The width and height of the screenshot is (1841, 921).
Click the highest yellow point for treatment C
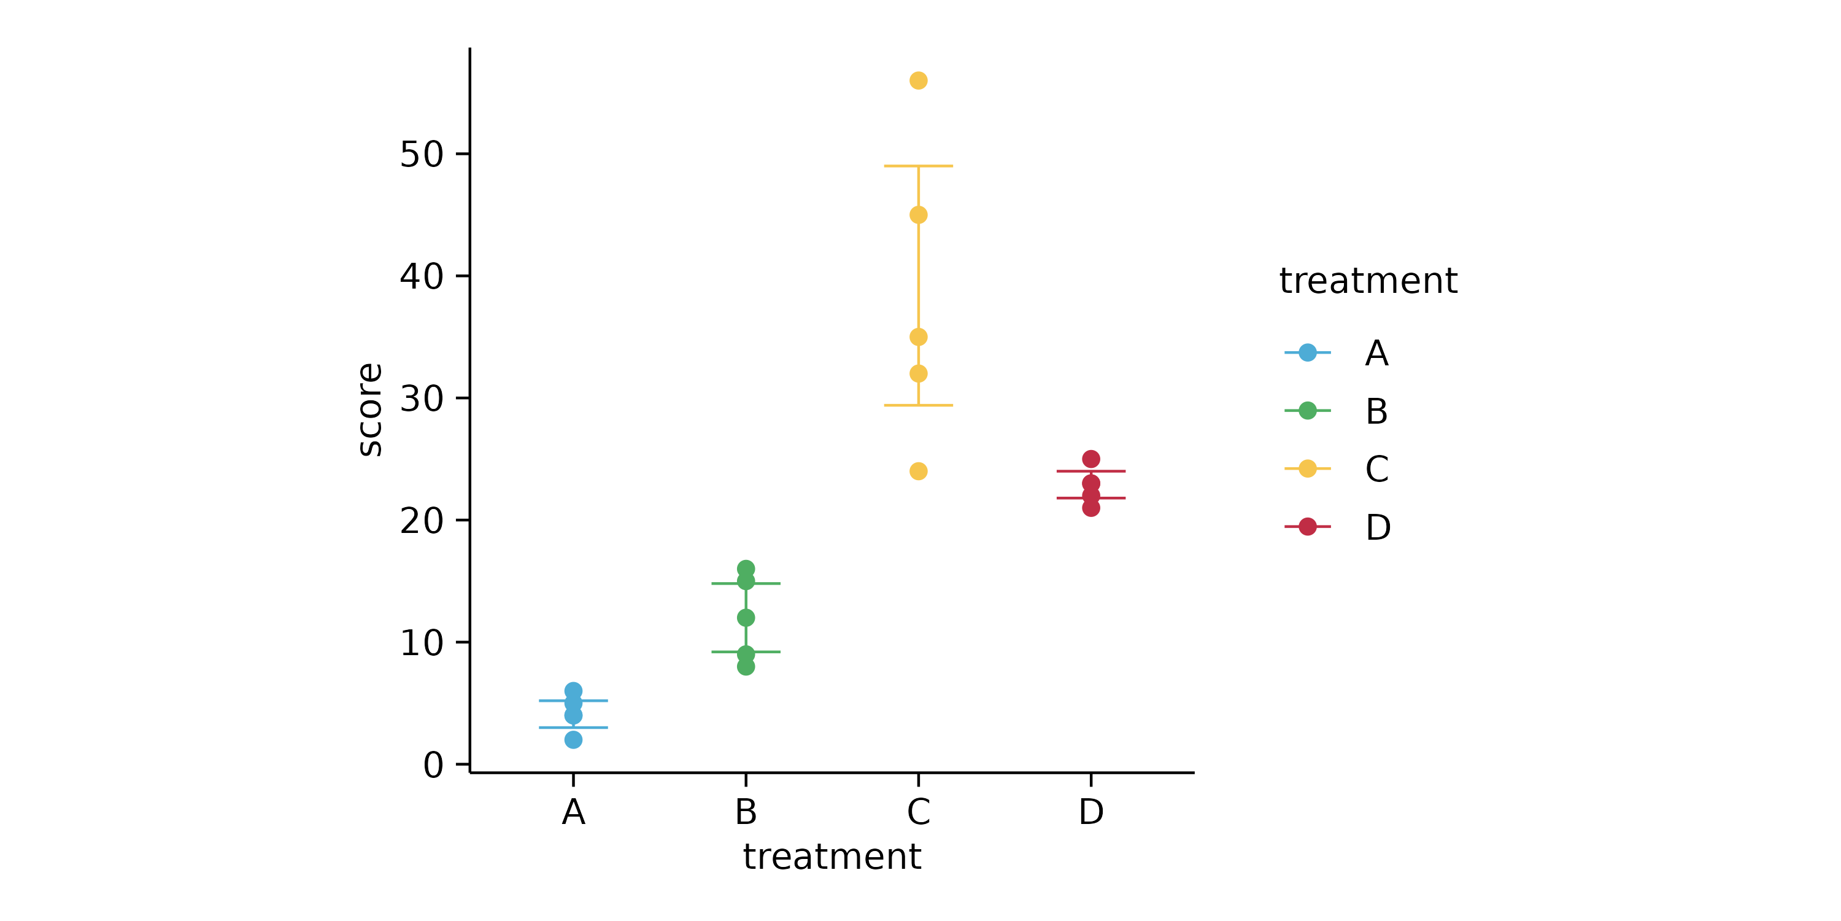click(919, 81)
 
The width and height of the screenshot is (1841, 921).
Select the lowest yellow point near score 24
click(919, 471)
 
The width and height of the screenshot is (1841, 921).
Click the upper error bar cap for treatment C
click(919, 166)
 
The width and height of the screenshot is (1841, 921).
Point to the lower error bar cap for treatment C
click(919, 405)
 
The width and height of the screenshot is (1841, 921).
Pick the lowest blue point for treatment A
click(573, 740)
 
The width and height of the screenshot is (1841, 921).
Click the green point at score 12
click(746, 618)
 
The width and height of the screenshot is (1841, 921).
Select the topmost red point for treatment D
click(1090, 459)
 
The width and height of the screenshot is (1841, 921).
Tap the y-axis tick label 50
click(422, 155)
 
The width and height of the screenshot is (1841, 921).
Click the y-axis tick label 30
click(422, 398)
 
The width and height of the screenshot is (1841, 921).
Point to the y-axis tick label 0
click(433, 765)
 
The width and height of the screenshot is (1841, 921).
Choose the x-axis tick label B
click(746, 812)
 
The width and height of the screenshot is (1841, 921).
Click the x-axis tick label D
click(1090, 812)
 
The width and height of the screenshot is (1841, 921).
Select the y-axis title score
click(370, 409)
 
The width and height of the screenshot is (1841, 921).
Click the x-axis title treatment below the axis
click(832, 857)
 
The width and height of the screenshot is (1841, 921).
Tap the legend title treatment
click(1368, 281)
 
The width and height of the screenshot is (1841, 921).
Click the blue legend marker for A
click(1307, 352)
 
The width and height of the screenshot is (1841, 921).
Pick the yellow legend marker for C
click(1307, 469)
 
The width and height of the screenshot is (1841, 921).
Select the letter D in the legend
click(1377, 527)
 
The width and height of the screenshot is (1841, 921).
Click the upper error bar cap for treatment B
click(746, 583)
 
